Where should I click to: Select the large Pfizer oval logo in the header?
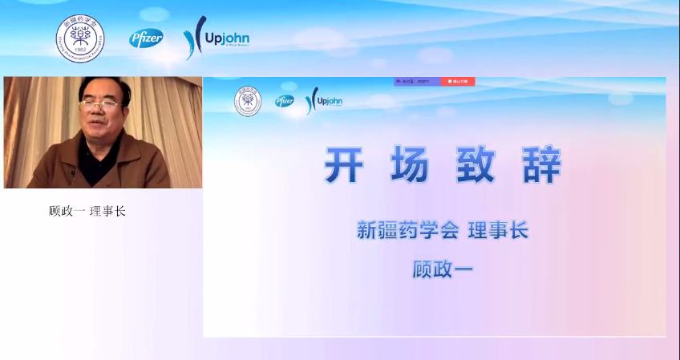pos(146,38)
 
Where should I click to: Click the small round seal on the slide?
pos(247,103)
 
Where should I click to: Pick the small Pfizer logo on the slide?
pos(285,101)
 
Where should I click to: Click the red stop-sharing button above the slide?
pos(457,82)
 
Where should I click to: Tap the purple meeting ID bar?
pos(416,82)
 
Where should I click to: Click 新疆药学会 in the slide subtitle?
pos(407,231)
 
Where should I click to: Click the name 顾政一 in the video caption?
pos(67,212)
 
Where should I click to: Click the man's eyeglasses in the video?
pos(100,105)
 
